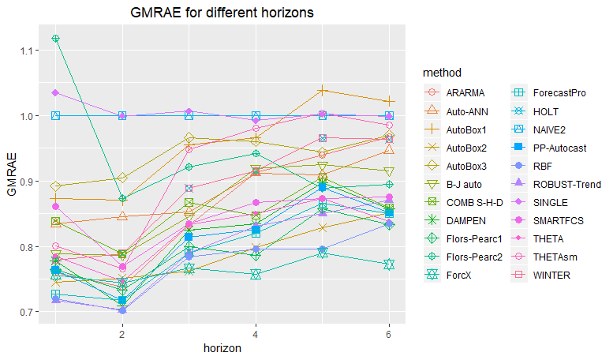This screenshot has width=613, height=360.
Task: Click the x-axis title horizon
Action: [222, 347]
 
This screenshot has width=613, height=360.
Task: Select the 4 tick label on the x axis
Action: [256, 334]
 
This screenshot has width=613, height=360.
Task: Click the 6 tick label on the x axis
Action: [389, 334]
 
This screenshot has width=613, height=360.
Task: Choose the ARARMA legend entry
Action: [465, 93]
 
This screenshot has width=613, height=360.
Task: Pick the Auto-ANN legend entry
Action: [469, 111]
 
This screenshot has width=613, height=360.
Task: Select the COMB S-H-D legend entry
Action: [477, 202]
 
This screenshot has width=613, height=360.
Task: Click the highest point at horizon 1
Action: [55, 39]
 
